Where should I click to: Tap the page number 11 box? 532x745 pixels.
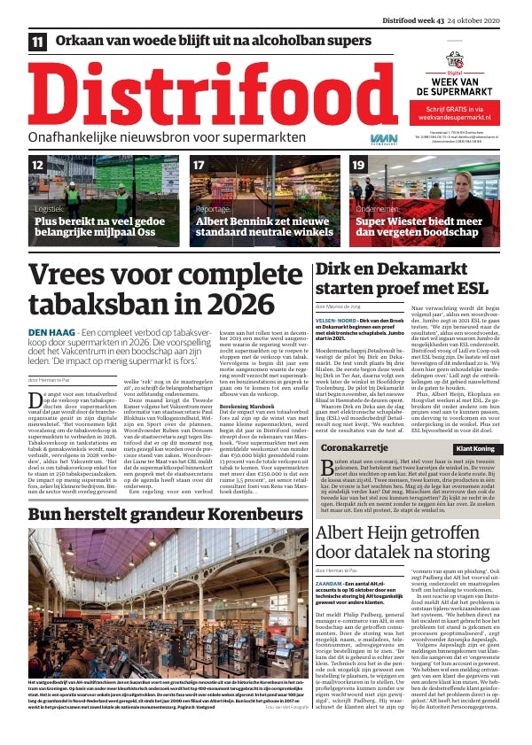pyautogui.click(x=38, y=42)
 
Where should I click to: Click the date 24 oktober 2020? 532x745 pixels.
pyautogui.click(x=491, y=21)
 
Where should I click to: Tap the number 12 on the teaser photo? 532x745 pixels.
pyautogui.click(x=38, y=165)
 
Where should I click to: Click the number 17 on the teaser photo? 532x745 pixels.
pyautogui.click(x=199, y=165)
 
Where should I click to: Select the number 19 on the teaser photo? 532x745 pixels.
pyautogui.click(x=359, y=165)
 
